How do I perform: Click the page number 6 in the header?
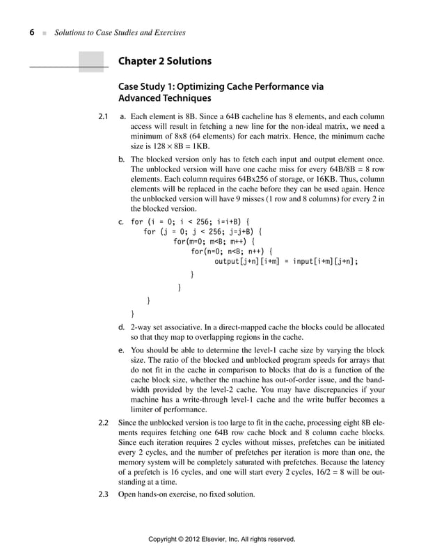[x=32, y=33]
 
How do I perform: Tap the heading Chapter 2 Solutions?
[x=164, y=61]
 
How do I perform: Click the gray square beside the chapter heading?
[x=91, y=62]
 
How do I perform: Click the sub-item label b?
[x=122, y=159]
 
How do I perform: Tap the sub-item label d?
[x=122, y=327]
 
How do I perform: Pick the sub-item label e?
[x=122, y=351]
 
